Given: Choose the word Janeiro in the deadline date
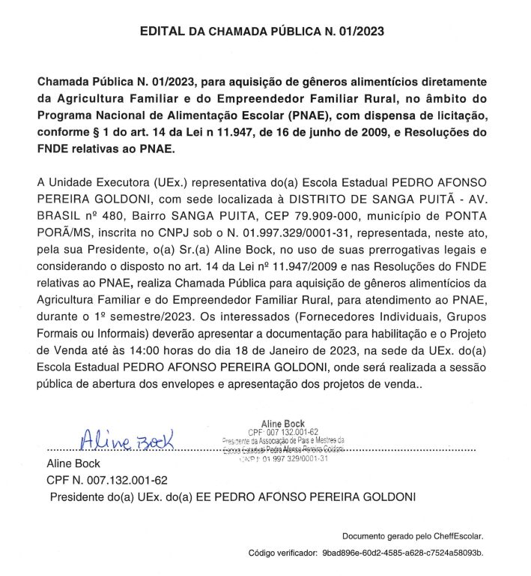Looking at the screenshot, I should [x=350, y=349].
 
